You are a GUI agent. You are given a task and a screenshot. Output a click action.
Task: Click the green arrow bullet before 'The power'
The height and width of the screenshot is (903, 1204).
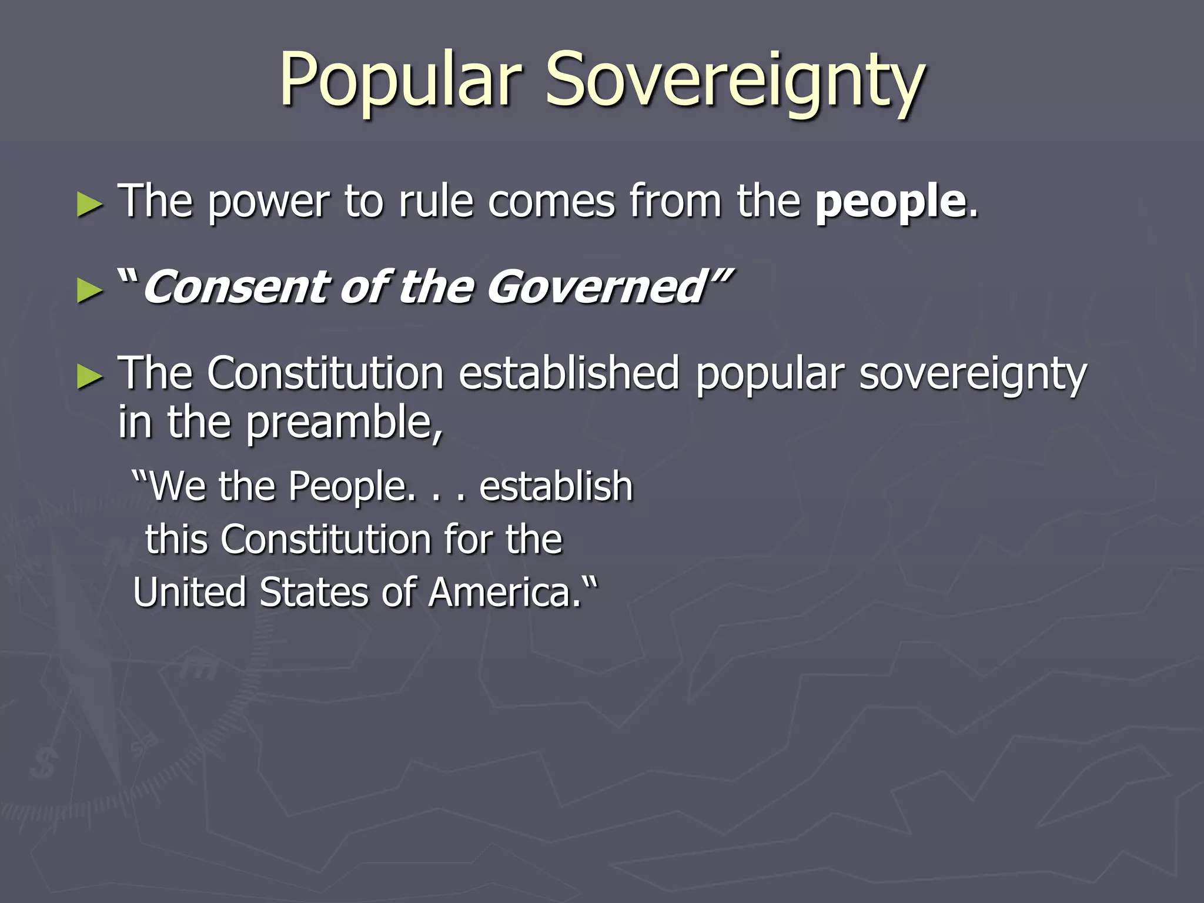pos(90,206)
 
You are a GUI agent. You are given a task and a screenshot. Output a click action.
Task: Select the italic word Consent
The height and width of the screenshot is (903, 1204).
pos(236,287)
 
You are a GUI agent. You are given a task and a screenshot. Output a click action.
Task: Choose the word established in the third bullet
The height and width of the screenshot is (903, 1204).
pos(568,373)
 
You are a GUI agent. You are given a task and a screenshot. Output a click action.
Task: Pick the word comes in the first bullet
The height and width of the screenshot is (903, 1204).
pos(551,202)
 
